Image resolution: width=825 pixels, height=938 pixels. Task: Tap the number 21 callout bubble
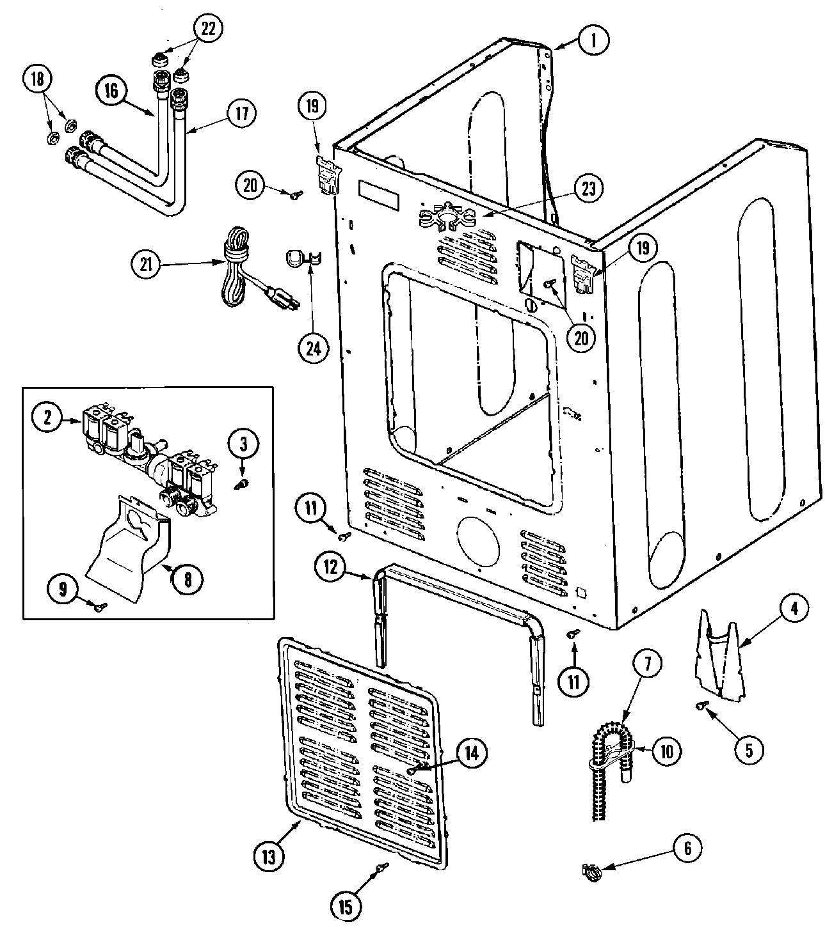(147, 264)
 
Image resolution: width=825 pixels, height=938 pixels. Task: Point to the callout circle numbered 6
(687, 848)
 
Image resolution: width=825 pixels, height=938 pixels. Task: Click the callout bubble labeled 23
(588, 189)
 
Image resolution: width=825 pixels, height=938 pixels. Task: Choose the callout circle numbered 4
(794, 609)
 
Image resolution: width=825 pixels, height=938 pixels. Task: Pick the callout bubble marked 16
(112, 91)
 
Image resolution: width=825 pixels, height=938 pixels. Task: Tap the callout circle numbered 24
(314, 348)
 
